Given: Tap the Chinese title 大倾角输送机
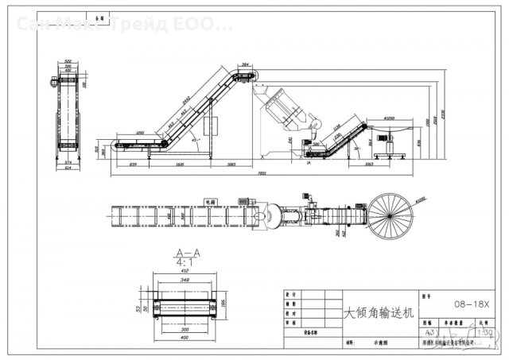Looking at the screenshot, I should (377, 313).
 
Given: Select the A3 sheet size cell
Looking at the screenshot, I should (431, 331).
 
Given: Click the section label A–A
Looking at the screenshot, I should (186, 253).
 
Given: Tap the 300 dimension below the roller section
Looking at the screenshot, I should (185, 328).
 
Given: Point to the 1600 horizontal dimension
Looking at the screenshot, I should (181, 164).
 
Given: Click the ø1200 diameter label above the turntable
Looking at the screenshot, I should (389, 117).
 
